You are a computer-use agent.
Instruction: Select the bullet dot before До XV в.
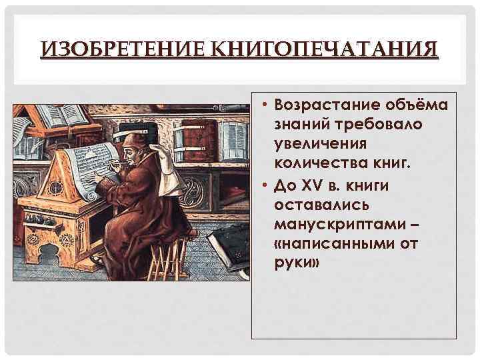pos(264,185)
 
